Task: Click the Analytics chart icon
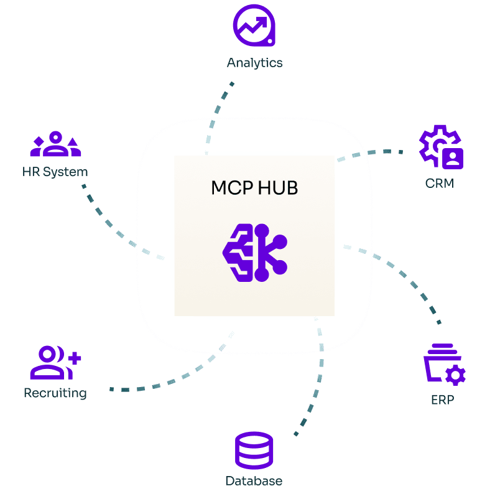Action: coord(254,26)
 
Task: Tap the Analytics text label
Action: coord(254,63)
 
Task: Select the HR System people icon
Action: coord(55,145)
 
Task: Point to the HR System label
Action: coord(55,172)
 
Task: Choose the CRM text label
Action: coord(440,184)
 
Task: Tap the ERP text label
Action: coord(442,400)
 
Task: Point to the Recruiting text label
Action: coord(55,393)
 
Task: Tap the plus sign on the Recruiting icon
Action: coord(74,358)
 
